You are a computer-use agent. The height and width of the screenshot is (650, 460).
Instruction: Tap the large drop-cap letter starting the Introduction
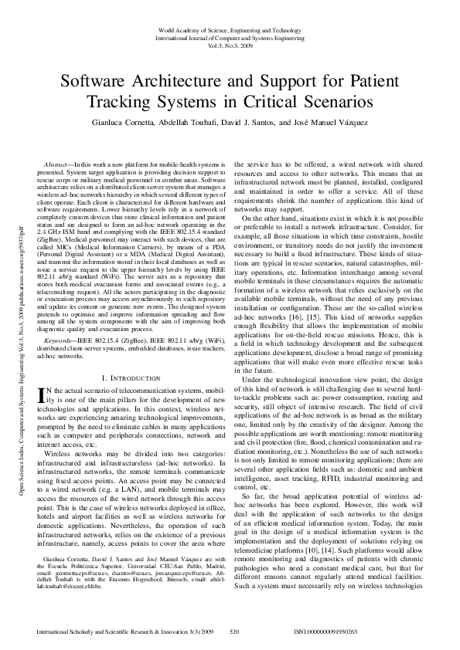(x=43, y=395)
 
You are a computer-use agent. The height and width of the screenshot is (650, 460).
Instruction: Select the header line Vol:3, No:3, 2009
(x=230, y=46)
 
